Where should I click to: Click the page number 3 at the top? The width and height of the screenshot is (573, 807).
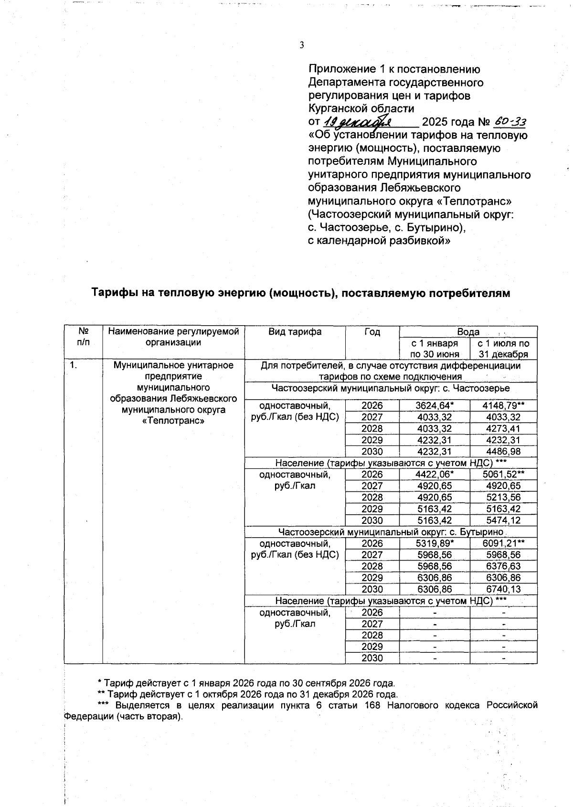301,45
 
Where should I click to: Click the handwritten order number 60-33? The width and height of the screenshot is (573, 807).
509,122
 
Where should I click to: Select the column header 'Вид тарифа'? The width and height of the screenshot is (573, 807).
295,332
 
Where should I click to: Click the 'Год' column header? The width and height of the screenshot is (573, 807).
372,332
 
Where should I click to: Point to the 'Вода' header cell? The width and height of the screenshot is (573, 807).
468,332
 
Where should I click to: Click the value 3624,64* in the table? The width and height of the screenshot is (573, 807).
434,406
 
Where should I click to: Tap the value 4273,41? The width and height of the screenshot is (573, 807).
503,429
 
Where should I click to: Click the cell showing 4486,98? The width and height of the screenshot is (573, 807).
503,452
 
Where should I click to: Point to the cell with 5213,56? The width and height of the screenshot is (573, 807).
503,498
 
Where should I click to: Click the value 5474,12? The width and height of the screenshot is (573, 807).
503,520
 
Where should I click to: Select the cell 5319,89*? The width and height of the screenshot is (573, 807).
434,543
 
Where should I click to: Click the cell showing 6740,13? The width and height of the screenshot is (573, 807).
503,589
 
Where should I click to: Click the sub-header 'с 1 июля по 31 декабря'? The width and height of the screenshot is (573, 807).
503,349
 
